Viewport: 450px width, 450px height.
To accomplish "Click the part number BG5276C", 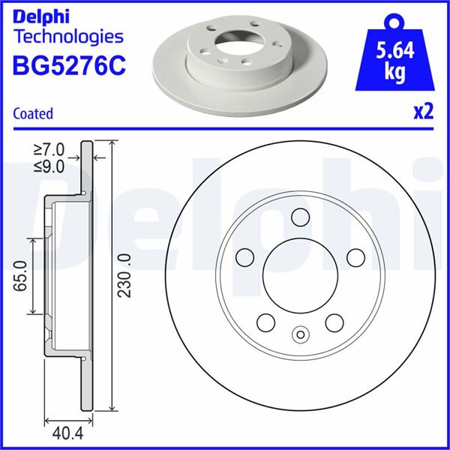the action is [x=69, y=66].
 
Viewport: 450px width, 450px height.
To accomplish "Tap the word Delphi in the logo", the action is [x=41, y=17].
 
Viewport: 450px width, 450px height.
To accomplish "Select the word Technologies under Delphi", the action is [x=69, y=37].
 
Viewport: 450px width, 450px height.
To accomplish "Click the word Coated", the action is [x=33, y=113].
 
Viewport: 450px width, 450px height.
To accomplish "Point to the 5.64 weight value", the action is [x=395, y=50].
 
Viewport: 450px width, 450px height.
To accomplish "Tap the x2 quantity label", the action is [x=423, y=112].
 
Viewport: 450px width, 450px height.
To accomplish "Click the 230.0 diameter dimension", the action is [x=124, y=276].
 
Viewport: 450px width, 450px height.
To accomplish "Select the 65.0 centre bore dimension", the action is [x=21, y=276].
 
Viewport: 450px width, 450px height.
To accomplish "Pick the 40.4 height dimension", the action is [x=68, y=433].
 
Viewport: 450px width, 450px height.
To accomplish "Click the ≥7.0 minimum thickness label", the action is [x=49, y=150].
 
